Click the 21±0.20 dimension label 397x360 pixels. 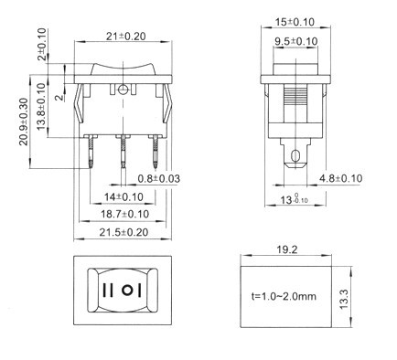tap(126, 37)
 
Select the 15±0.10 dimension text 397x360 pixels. tap(295, 22)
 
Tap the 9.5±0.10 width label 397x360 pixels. tap(296, 41)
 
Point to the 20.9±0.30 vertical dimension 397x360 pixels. tap(24, 122)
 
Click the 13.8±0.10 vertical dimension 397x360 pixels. tap(41, 106)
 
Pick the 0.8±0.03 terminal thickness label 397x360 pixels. tap(159, 178)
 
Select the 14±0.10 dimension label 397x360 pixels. tap(123, 197)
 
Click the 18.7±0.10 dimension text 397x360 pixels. tap(125, 214)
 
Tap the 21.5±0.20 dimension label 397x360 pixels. tap(123, 232)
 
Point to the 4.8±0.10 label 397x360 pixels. tap(341, 178)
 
